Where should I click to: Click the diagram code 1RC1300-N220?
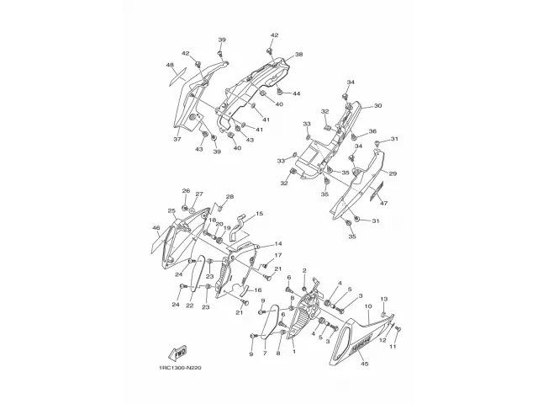click(179, 364)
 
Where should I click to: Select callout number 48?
click(170, 66)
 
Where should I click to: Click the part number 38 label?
click(298, 55)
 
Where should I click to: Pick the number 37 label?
click(177, 139)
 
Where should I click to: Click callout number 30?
click(377, 106)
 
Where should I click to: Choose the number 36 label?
click(372, 132)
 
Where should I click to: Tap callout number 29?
click(393, 174)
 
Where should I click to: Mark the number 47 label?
click(382, 204)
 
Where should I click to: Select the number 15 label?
click(259, 214)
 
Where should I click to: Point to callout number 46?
click(156, 228)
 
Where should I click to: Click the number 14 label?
click(278, 243)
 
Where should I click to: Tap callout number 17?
click(278, 255)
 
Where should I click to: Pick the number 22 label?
click(190, 306)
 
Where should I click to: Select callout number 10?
click(368, 306)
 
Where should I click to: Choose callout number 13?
click(383, 300)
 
